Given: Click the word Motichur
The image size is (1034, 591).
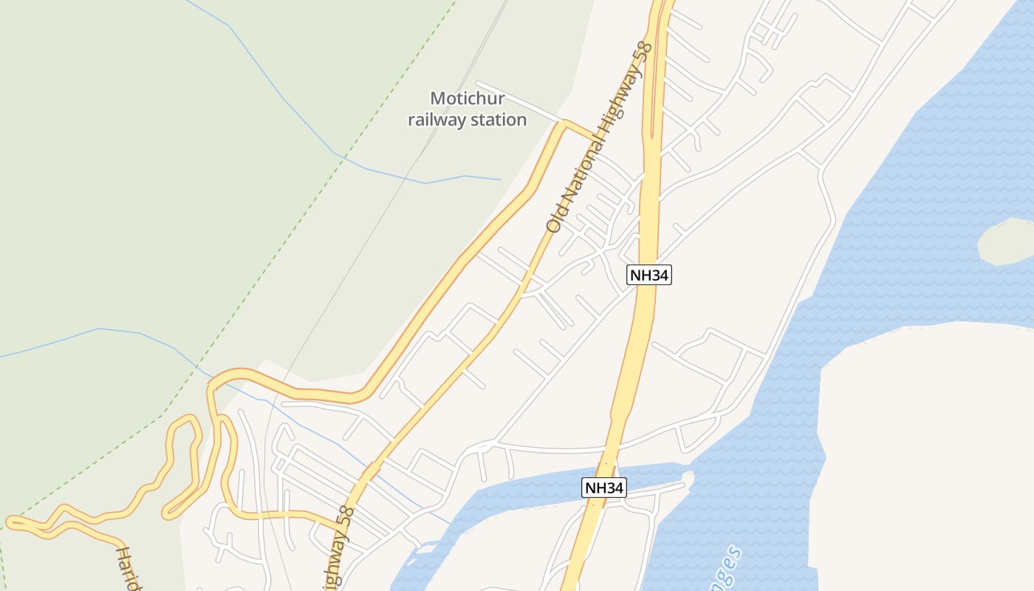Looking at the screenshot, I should tap(467, 98).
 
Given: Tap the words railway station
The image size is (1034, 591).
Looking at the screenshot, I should tap(467, 120).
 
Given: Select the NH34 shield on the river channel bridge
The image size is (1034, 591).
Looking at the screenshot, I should tap(604, 488).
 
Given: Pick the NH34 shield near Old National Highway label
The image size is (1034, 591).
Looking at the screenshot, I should tap(648, 275).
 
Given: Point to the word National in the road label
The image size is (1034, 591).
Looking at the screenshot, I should tap(579, 170).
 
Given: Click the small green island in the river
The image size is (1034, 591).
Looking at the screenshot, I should tap(1006, 242).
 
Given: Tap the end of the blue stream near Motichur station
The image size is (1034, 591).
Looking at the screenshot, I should tap(500, 179).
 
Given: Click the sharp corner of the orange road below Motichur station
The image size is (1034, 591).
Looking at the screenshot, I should tap(564, 123).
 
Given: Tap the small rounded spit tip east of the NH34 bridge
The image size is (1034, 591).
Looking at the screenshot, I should tap(688, 478).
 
